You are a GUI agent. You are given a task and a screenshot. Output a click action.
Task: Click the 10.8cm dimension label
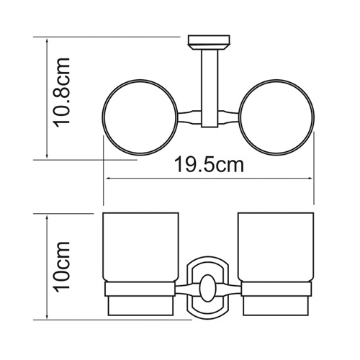[x=63, y=94]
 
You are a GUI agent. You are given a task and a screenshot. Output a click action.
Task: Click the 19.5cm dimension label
[x=209, y=165]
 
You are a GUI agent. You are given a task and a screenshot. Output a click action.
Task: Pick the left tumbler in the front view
[x=142, y=248]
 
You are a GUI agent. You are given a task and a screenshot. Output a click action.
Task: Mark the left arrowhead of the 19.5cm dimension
[x=108, y=176]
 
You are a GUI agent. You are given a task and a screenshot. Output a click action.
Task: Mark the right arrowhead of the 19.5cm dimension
[x=312, y=176]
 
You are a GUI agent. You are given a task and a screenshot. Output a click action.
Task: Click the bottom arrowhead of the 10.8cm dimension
[x=47, y=159]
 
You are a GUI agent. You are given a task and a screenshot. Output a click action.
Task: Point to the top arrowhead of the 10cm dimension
[x=47, y=214]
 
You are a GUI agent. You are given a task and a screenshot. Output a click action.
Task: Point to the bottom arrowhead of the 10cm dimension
[x=47, y=316]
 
